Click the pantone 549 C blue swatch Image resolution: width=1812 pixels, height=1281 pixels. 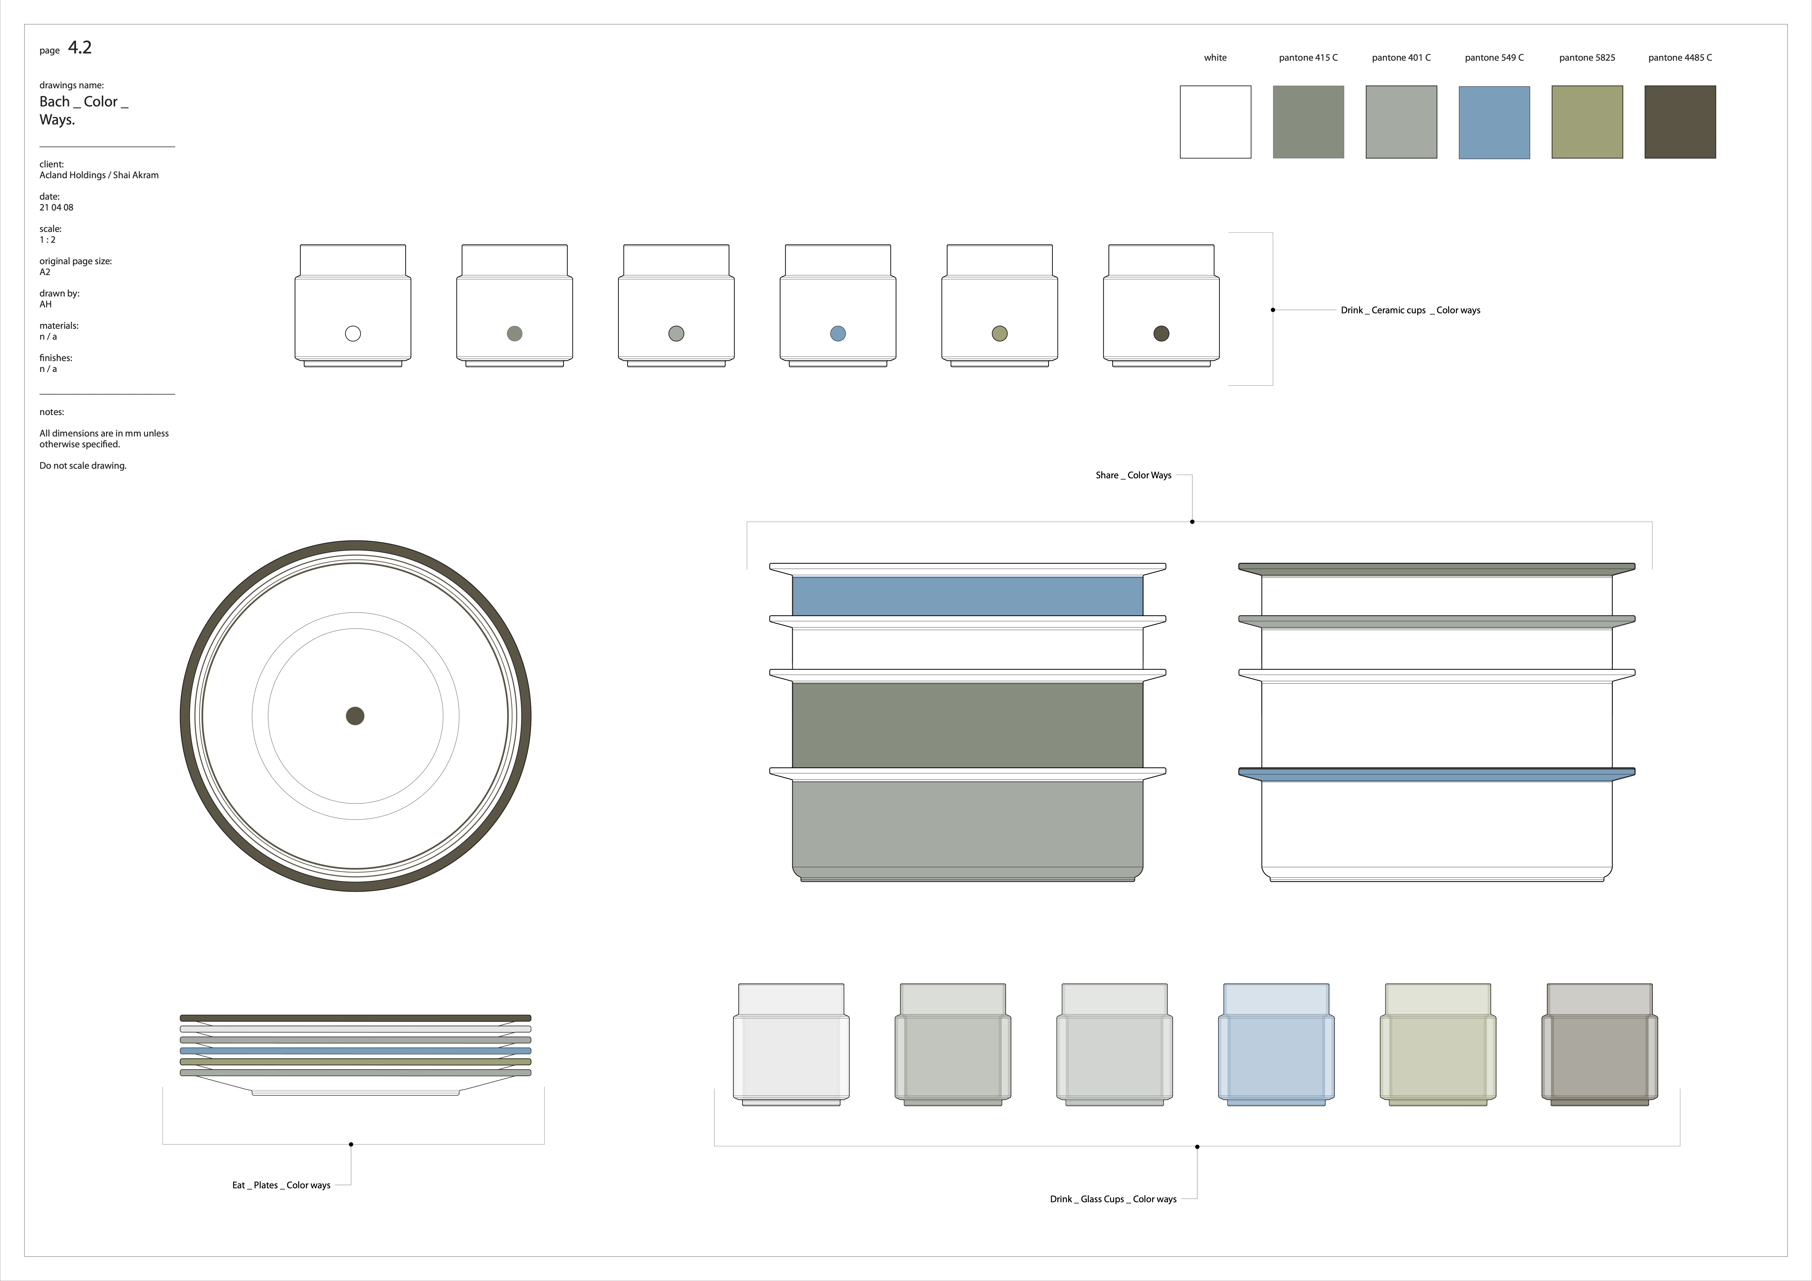pyautogui.click(x=1494, y=122)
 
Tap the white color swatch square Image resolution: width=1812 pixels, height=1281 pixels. pyautogui.click(x=1215, y=122)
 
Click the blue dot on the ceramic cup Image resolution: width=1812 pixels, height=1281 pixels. pyautogui.click(x=838, y=334)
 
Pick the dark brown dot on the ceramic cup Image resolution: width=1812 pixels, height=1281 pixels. pyautogui.click(x=1161, y=334)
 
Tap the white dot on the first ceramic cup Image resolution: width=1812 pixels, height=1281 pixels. pyautogui.click(x=353, y=334)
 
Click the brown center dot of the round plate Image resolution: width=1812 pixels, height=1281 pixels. pyautogui.click(x=355, y=716)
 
